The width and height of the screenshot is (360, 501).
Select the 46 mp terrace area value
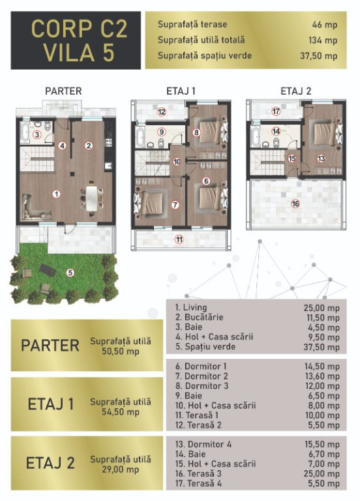325,25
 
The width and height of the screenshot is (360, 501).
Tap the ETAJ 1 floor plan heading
181,91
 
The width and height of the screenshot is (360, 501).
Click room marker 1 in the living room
57,194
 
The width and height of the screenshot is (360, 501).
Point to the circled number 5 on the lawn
70,273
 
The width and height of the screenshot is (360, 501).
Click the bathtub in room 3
25,132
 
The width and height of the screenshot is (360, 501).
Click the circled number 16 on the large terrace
295,204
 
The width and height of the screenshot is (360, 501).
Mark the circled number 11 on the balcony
179,239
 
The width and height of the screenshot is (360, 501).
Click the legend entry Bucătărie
199,317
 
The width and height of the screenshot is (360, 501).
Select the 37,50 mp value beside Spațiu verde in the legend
322,347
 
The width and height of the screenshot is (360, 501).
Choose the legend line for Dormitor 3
202,386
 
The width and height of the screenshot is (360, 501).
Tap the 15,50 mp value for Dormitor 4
322,444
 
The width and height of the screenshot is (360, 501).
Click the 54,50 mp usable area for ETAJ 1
121,412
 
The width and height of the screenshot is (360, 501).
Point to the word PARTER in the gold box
50,345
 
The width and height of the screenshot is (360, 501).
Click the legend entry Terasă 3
198,474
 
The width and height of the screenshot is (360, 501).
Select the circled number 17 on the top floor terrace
276,112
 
